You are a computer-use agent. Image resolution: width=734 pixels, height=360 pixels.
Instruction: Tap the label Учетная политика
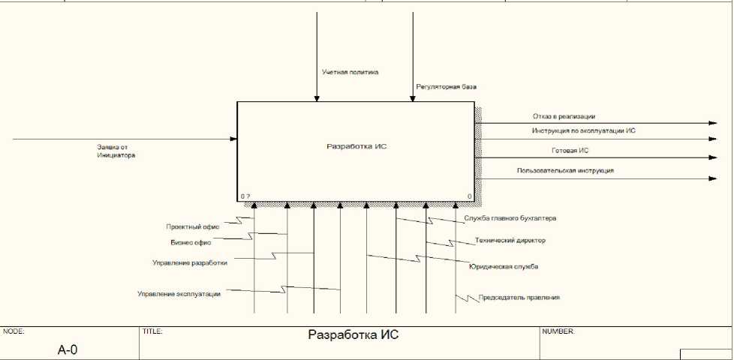[x=350, y=73]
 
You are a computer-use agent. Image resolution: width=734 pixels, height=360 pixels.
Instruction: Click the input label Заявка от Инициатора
[x=116, y=151]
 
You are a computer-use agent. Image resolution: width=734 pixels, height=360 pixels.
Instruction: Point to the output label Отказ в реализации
[x=564, y=116]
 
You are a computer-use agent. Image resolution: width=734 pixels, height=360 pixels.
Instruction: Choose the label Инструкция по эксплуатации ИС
[x=585, y=131]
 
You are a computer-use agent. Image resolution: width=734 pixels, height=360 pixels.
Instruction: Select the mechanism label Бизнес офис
[x=191, y=242]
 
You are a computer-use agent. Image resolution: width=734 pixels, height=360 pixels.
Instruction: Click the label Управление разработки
[x=190, y=263]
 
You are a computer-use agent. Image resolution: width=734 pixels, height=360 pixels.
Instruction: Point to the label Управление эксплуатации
[x=179, y=294]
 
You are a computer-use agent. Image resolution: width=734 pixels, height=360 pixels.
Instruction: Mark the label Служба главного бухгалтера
[x=510, y=218]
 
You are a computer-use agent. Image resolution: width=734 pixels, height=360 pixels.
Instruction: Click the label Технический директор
[x=510, y=241]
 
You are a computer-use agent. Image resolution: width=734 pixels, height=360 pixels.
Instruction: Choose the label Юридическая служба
[x=504, y=266]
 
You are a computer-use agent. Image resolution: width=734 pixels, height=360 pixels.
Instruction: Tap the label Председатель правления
[x=519, y=298]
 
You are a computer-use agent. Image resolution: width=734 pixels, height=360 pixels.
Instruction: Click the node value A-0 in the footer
[x=68, y=349]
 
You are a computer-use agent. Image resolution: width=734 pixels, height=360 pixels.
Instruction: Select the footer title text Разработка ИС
[x=353, y=335]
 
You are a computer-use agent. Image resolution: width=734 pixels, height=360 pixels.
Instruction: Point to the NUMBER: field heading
[x=558, y=331]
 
